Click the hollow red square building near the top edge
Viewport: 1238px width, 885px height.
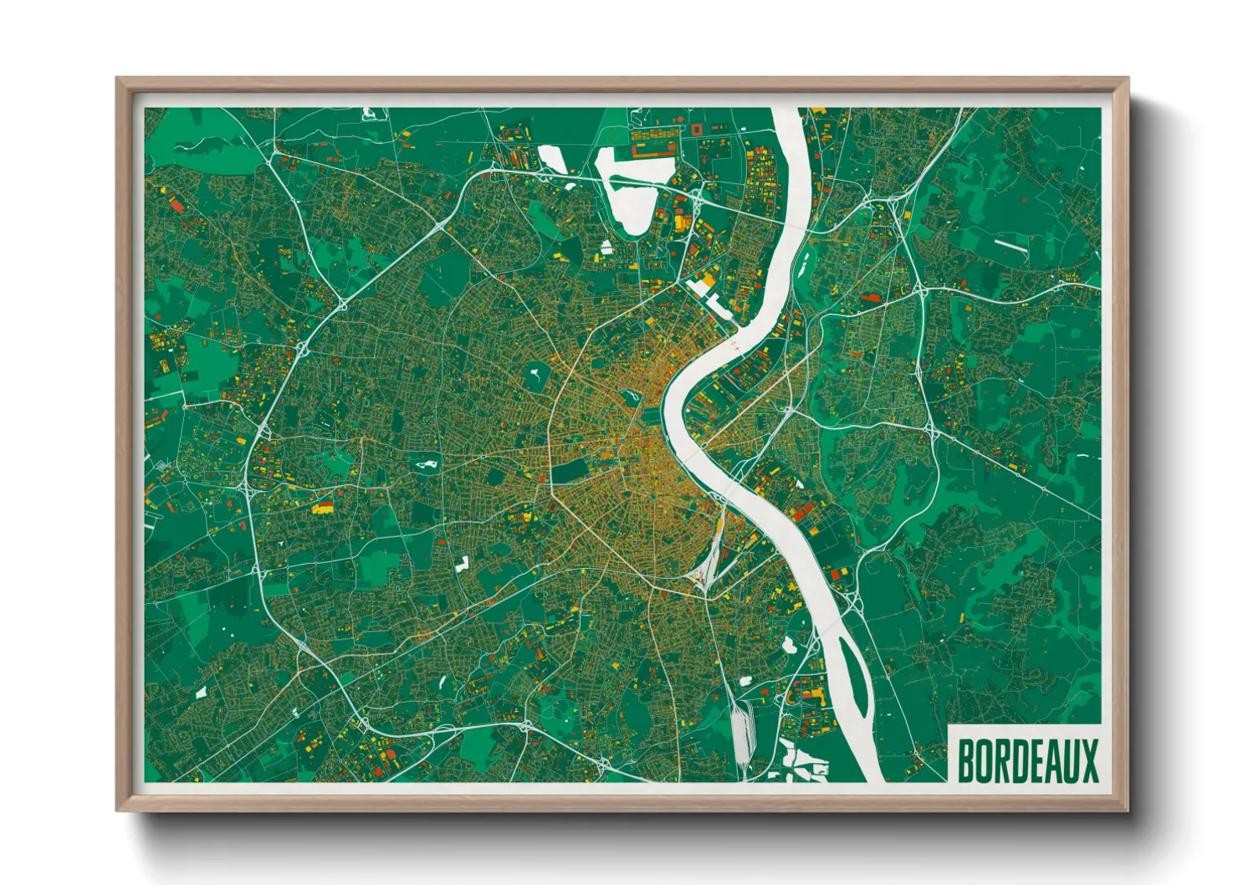click(x=697, y=130)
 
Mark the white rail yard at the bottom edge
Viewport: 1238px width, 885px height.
click(x=741, y=732)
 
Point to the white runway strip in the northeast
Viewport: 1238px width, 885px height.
click(x=1010, y=245)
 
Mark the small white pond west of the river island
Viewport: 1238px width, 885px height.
click(x=788, y=644)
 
